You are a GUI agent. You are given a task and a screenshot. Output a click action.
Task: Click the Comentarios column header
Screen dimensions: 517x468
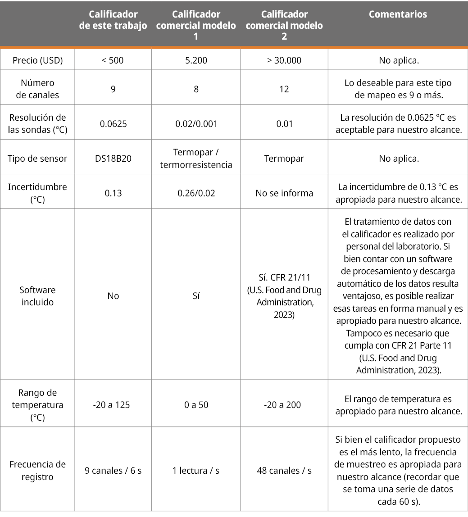(x=398, y=14)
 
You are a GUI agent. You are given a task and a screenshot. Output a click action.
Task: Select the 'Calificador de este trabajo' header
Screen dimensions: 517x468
(x=113, y=20)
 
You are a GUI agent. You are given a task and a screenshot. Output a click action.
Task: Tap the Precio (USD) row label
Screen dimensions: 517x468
(x=37, y=60)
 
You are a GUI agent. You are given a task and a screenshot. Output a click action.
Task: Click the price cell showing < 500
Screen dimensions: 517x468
(x=113, y=60)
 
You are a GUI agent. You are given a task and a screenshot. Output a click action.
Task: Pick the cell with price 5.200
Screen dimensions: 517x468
(x=196, y=60)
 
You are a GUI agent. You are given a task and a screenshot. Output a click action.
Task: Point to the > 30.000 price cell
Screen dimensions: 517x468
(x=284, y=60)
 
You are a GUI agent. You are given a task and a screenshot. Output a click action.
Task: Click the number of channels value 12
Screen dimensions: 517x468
(x=284, y=89)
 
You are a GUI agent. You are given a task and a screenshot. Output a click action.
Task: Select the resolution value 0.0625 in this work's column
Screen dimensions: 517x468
(x=113, y=123)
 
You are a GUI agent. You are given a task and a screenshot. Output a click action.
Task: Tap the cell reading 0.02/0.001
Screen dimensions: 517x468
(x=196, y=123)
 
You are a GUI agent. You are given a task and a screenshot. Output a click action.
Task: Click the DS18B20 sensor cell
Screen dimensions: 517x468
(x=113, y=159)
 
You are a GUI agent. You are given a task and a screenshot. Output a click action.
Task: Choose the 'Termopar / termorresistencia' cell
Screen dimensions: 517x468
(x=196, y=159)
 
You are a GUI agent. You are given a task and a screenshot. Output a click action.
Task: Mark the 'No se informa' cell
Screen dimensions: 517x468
(x=284, y=193)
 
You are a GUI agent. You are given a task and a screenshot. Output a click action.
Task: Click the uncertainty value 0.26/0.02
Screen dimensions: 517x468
(x=196, y=193)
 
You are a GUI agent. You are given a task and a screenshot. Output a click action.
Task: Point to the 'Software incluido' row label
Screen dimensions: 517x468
(x=37, y=296)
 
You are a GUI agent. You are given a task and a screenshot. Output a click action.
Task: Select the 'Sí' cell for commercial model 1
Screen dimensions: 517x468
(x=196, y=296)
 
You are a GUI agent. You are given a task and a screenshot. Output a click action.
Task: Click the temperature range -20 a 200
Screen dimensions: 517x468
(x=284, y=405)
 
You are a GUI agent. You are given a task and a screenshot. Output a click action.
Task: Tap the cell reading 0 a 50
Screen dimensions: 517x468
(x=196, y=405)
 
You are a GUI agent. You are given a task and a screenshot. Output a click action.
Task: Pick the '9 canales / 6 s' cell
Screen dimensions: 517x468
(x=113, y=471)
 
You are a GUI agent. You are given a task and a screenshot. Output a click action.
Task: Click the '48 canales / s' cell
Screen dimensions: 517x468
(x=284, y=471)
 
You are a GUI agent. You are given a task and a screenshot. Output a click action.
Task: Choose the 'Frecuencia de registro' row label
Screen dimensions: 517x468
(x=37, y=471)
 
